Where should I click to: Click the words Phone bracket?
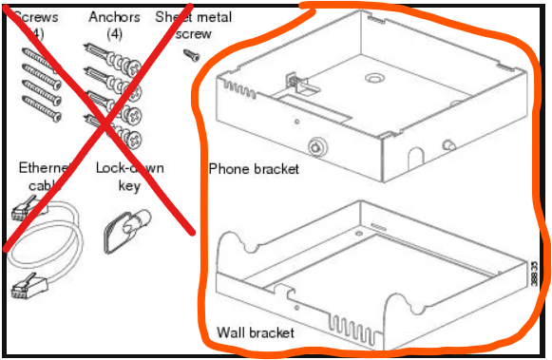(x=254, y=169)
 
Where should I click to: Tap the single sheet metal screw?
(x=190, y=54)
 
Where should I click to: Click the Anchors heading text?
(x=113, y=17)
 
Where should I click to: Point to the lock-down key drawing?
(x=122, y=226)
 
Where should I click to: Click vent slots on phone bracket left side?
(x=232, y=91)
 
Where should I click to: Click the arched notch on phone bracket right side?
(x=414, y=152)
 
